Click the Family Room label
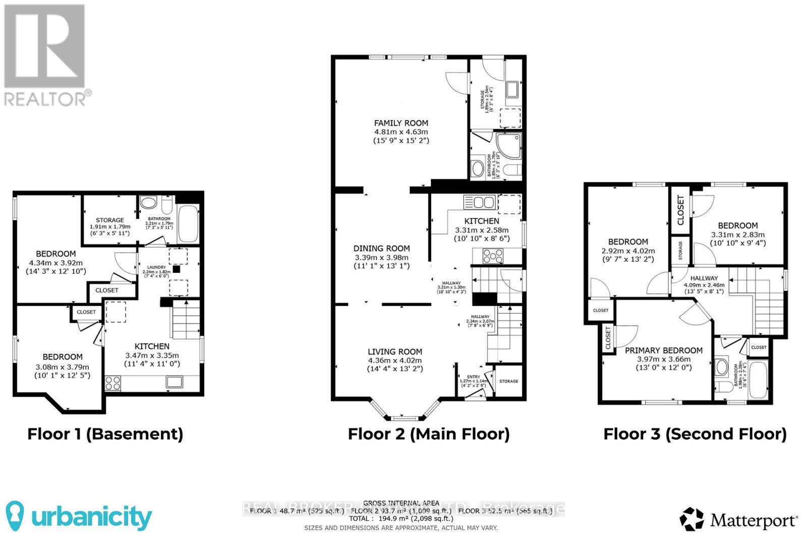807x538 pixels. pos(401,123)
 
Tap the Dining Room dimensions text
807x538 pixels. pos(381,261)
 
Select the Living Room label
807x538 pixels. pos(394,351)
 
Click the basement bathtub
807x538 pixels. pos(188,223)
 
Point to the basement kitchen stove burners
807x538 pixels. pos(113,383)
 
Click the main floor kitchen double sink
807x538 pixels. pos(479,202)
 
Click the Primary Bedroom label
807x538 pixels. pos(663,350)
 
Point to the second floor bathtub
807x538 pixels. pos(758,381)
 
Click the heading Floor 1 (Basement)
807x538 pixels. pos(105,434)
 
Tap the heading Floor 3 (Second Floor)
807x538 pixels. pos(695,434)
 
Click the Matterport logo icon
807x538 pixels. pos(691,519)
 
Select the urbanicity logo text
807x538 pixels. pos(91,517)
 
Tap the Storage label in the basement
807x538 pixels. pos(110,220)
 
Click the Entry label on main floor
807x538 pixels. pos(473,377)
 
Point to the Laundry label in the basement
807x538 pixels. pos(156,267)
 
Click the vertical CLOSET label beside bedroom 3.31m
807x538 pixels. pos(680,210)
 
